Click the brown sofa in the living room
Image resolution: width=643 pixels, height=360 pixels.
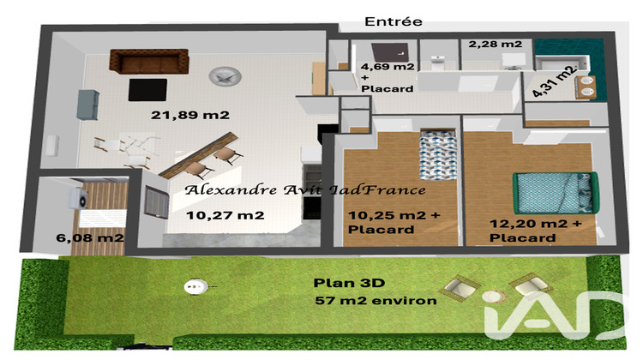coord(149,62)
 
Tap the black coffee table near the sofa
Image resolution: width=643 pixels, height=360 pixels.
coord(147,88)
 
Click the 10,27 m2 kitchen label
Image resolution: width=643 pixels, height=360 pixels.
coord(225,216)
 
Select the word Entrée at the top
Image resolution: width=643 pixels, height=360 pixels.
coord(392,22)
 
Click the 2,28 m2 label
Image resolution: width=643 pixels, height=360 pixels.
coord(495,44)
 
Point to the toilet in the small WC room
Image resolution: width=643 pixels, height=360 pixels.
coord(436,63)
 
